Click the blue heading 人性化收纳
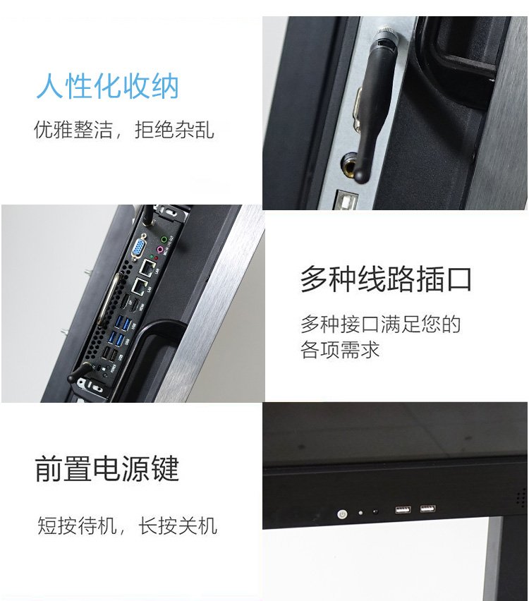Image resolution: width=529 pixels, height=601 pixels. [108, 86]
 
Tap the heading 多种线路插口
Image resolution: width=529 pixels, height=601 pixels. [386, 279]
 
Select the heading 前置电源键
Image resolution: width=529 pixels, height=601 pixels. [107, 468]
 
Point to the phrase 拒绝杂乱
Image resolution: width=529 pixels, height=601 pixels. [174, 130]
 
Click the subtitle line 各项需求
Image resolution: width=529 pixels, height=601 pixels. [340, 350]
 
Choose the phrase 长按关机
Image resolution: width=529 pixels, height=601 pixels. [178, 525]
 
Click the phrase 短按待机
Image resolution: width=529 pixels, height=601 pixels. [77, 525]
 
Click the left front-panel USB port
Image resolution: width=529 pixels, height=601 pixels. [403, 510]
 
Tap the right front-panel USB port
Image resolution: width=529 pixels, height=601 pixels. [427, 509]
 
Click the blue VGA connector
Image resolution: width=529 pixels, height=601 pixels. [138, 247]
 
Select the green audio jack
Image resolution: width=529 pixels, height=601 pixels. [164, 240]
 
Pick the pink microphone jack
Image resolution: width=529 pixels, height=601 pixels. [160, 250]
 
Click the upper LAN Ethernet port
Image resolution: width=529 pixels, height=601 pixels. [147, 267]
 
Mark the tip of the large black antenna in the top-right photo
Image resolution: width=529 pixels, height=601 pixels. [360, 177]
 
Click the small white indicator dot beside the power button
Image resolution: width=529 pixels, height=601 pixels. [360, 512]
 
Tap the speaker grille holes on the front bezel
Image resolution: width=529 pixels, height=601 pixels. [521, 497]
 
